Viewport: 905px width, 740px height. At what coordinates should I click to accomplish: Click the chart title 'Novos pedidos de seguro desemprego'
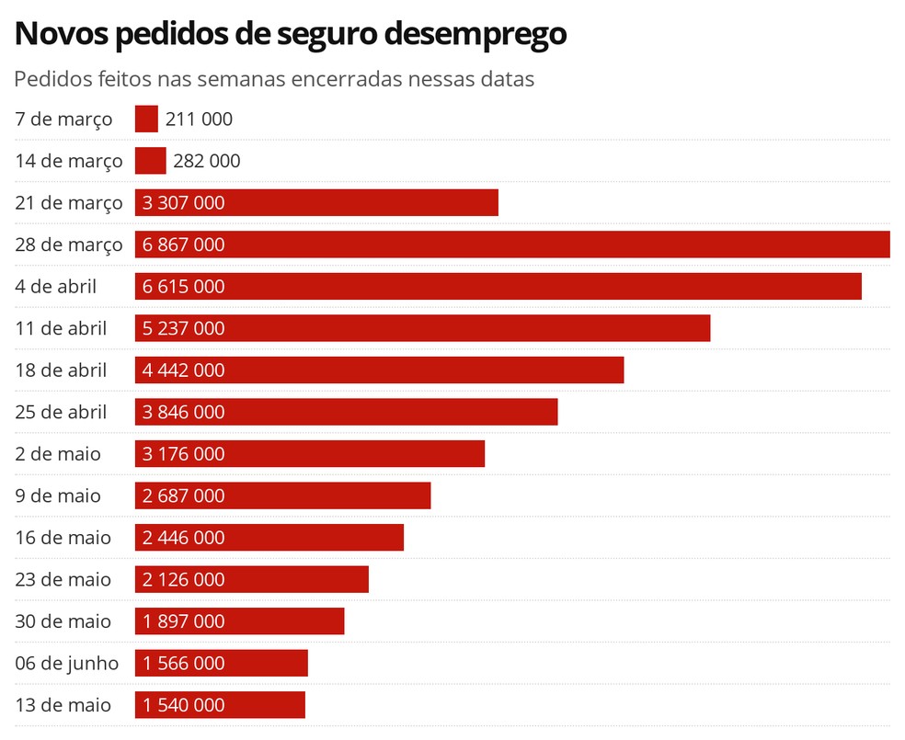pos(291,33)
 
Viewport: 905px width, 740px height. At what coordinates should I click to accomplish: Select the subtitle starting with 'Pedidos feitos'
pos(274,79)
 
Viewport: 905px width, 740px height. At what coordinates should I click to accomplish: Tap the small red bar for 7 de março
pos(146,119)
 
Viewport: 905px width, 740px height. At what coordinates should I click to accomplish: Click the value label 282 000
pos(207,161)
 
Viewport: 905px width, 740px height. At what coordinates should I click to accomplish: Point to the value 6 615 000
pos(184,287)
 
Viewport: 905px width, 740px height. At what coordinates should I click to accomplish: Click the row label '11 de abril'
pos(61,328)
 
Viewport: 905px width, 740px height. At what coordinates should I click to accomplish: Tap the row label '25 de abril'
pos(61,412)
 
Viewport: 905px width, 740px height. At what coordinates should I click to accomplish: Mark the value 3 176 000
pos(184,454)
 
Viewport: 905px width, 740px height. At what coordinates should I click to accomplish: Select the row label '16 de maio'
pos(63,538)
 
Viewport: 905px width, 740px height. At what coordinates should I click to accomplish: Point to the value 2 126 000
pos(184,579)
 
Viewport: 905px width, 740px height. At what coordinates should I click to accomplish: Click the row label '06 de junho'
pos(67,663)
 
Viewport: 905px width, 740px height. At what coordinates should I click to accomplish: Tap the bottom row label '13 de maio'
pos(63,705)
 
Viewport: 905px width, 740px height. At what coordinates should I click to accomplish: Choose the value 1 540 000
pos(184,705)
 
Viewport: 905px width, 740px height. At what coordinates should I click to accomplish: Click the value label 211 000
pos(199,119)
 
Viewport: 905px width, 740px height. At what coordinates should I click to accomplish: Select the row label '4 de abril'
pos(55,287)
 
